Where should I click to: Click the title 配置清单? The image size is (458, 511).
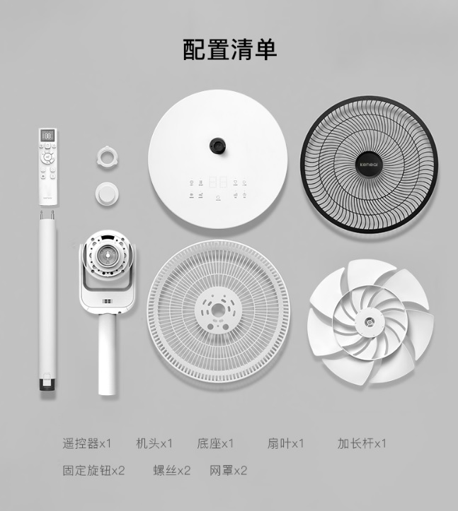(229, 49)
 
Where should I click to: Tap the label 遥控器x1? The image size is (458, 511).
(87, 444)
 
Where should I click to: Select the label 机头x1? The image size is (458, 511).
(154, 444)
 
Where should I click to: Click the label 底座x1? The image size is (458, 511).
(215, 444)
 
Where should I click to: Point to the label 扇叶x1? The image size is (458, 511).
(285, 444)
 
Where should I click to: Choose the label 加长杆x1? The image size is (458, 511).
(362, 444)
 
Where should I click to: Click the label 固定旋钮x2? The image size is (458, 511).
(93, 470)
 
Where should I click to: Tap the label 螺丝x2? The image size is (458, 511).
(172, 470)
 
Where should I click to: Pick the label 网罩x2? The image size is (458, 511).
(229, 470)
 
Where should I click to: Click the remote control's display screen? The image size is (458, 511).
(49, 135)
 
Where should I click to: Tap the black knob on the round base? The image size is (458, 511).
(217, 146)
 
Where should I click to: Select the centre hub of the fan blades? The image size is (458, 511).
(369, 324)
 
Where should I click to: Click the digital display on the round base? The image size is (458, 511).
(217, 181)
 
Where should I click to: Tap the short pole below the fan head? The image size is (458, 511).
(107, 353)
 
